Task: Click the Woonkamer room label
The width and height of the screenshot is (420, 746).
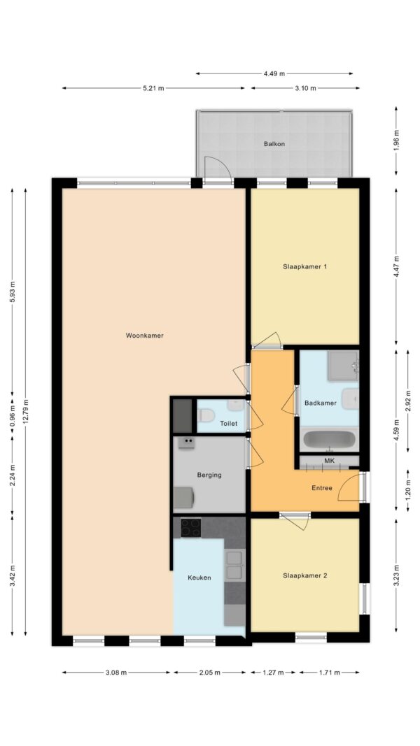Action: tap(144, 336)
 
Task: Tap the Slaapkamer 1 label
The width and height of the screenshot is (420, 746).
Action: tap(304, 267)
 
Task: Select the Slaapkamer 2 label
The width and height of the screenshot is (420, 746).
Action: tap(304, 575)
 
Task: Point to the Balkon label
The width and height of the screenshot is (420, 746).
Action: tap(274, 144)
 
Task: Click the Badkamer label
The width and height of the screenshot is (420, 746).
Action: tap(321, 403)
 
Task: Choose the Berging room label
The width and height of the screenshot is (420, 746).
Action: tap(209, 475)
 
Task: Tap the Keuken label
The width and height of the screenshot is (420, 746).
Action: tap(199, 578)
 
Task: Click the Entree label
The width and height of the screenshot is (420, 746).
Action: tap(322, 487)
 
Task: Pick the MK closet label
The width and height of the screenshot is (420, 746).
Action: tap(329, 461)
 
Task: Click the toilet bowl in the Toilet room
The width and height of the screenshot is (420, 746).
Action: tap(206, 416)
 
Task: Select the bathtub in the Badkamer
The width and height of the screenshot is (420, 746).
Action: tap(328, 440)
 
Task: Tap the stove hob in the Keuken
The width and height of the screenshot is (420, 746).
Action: tap(190, 528)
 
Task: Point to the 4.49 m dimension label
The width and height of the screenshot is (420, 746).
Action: tap(274, 73)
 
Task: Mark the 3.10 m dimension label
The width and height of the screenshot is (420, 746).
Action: tap(305, 88)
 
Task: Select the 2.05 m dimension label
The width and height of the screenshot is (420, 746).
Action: tap(209, 673)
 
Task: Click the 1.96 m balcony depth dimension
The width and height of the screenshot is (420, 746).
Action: tap(397, 140)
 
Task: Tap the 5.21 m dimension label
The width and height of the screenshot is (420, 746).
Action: tap(153, 88)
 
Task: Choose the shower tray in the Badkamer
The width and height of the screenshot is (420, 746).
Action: tap(343, 366)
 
